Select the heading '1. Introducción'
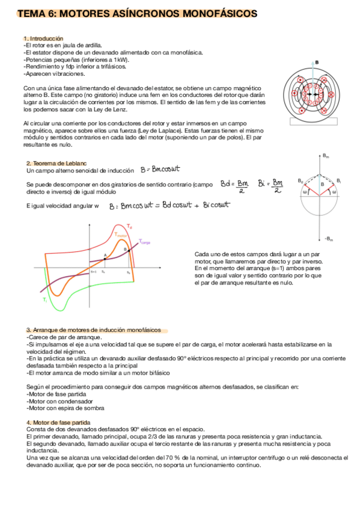43,38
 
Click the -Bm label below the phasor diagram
328,239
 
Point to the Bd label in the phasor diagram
301,180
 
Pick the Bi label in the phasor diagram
339,180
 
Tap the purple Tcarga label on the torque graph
145,242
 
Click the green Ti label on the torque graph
44,298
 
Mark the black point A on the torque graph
105,259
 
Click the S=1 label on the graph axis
94,272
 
